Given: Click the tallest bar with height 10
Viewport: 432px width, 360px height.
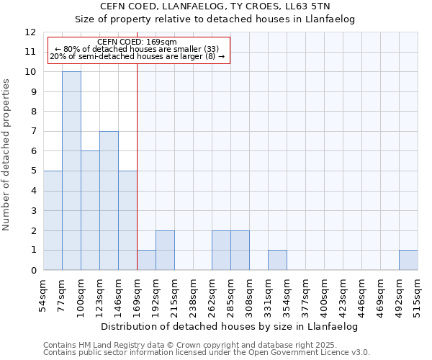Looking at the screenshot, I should pos(71,171).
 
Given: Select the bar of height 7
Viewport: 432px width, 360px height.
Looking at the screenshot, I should pos(109,201).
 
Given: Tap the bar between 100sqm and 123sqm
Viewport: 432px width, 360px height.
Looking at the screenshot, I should pos(90,210).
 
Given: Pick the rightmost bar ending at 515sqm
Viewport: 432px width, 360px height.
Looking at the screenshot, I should pos(408,260).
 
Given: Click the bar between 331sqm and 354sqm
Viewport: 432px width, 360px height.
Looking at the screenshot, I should pos(277,260).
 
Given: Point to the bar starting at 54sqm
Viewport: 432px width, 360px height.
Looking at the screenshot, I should pos(53,220).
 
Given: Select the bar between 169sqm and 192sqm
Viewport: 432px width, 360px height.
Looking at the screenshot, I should pos(146,260).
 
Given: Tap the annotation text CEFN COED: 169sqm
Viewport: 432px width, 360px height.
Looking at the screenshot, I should pos(137,42).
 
